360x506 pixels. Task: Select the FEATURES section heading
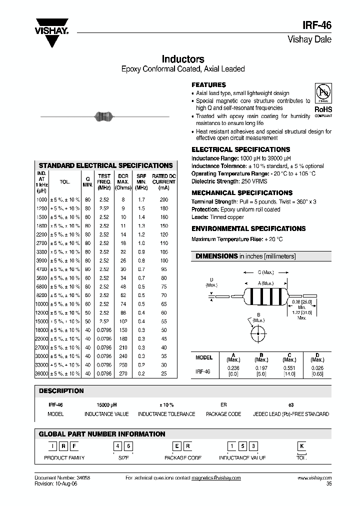coord(208,85)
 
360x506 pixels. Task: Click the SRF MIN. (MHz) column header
coord(141,181)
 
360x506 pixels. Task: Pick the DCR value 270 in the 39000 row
coord(122,373)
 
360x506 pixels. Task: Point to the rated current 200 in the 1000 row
coord(164,199)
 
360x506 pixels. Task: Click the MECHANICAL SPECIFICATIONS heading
coord(242,192)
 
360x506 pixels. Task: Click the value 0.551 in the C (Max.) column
coord(289,367)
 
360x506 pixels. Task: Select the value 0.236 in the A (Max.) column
coord(233,367)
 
